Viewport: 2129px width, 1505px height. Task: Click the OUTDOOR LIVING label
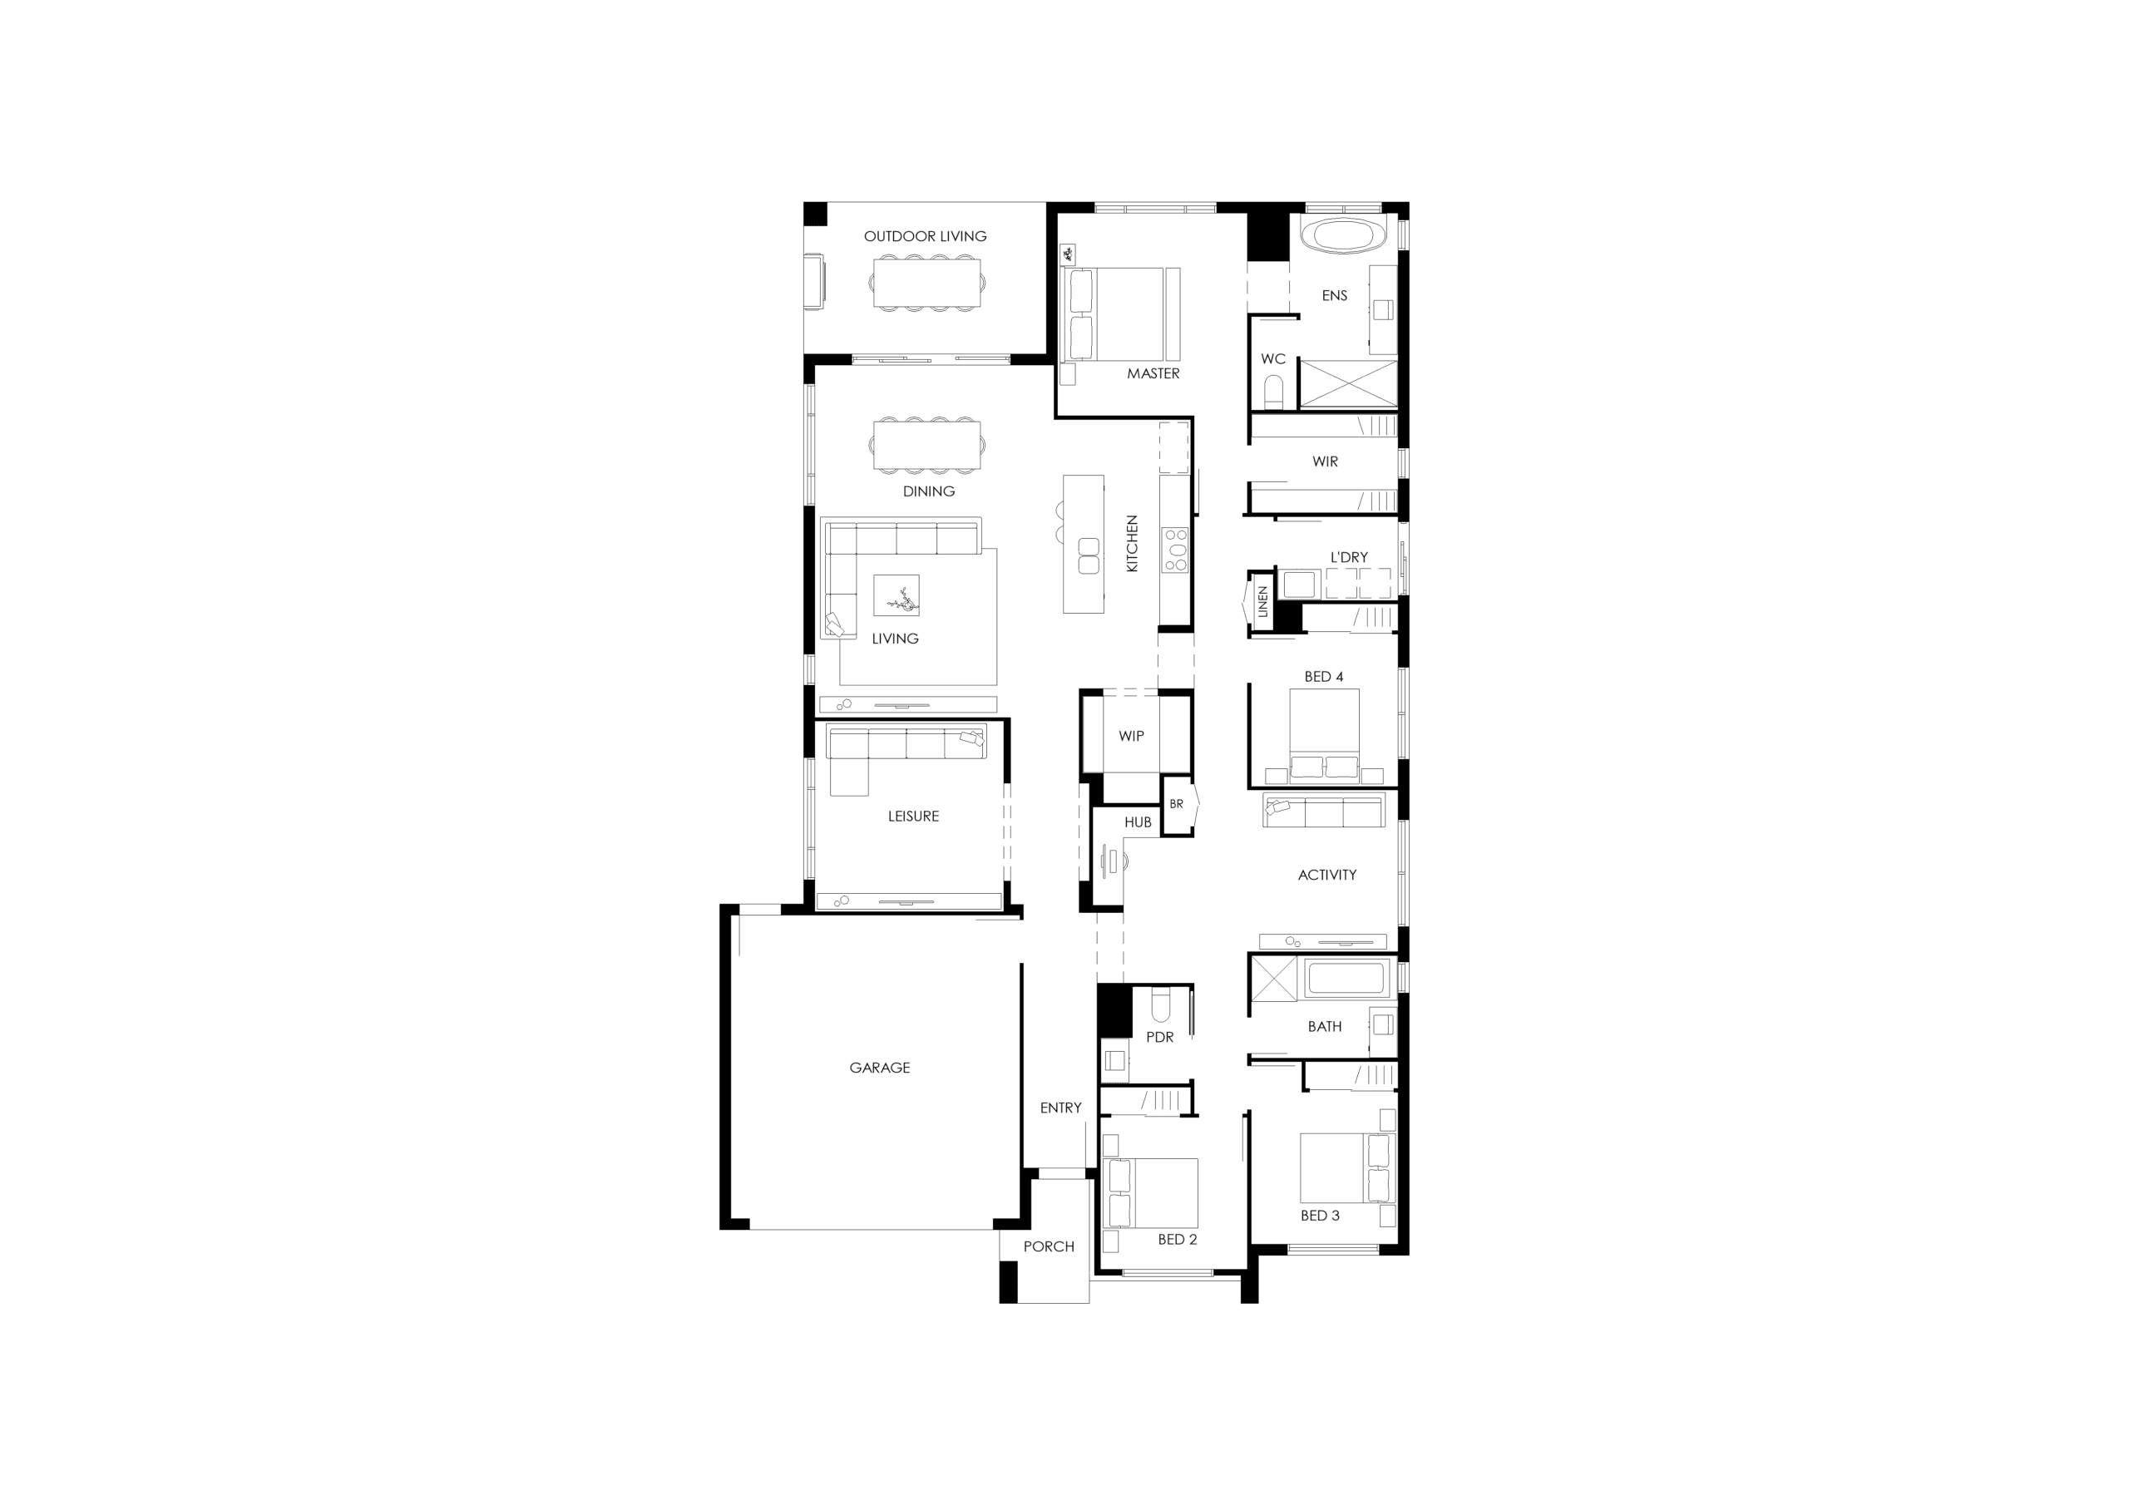[x=925, y=236]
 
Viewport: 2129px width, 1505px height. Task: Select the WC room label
[x=1272, y=359]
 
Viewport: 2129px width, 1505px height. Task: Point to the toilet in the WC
[x=1274, y=393]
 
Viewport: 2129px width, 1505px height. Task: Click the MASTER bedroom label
[x=1153, y=373]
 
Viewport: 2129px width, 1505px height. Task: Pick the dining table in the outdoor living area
[x=926, y=284]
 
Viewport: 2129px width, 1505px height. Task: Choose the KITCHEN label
[x=1131, y=544]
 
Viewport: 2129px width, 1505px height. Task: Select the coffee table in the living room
[x=897, y=595]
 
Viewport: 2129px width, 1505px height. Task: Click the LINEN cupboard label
[x=1262, y=602]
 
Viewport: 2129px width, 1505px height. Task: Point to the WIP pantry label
[x=1130, y=736]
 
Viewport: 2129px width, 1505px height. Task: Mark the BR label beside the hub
[x=1176, y=804]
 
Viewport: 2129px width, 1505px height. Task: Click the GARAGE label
[x=879, y=1068]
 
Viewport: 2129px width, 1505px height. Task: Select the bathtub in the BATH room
[x=1345, y=979]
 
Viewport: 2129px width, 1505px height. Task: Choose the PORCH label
[x=1049, y=1247]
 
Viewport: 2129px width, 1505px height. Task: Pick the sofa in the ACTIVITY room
[x=1323, y=810]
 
